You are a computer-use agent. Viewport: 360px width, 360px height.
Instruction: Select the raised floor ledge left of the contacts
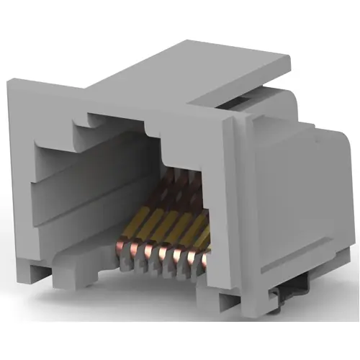[86, 248]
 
